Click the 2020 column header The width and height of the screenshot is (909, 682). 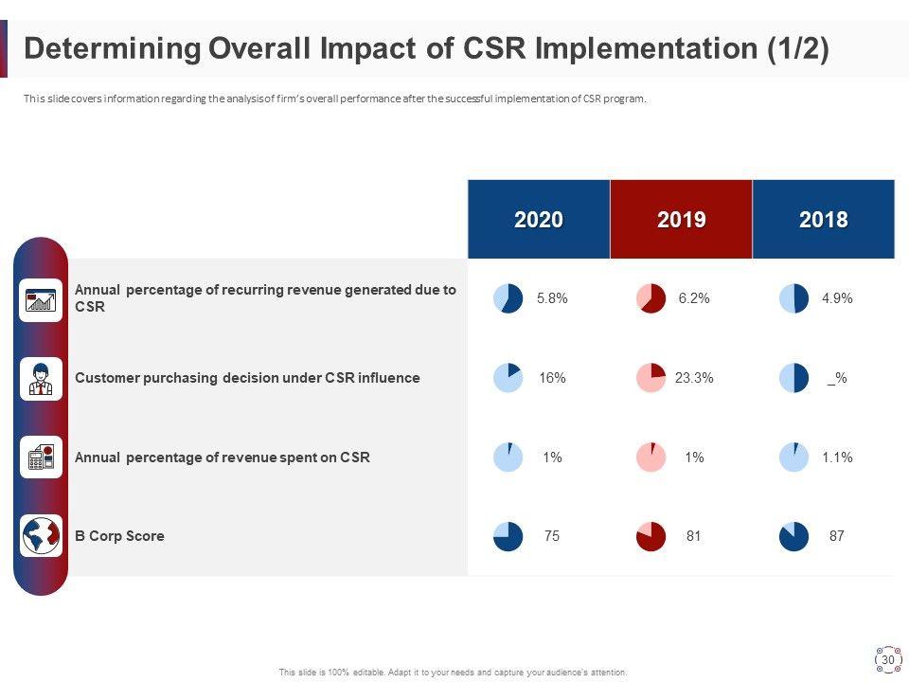pos(539,220)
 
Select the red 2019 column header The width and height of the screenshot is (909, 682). pos(681,220)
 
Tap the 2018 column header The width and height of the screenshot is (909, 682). pos(823,220)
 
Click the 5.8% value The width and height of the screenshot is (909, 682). pos(552,298)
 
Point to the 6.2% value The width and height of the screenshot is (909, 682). pos(694,298)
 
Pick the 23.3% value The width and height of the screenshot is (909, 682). pos(694,378)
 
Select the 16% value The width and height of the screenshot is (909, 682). pos(552,378)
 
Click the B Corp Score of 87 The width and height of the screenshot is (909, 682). pos(836,536)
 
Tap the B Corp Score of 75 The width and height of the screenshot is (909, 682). pos(552,536)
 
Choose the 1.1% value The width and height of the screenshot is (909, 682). pos(837,458)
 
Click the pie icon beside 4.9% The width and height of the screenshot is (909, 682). pos(793,299)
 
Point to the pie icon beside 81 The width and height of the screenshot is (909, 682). pos(651,536)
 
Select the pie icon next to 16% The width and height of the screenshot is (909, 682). pos(508,378)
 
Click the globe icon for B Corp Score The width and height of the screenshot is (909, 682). pos(41,536)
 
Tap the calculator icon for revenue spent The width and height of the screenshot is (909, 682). pos(41,458)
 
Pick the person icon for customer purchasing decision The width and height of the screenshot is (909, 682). pos(41,378)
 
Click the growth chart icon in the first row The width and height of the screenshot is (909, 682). pos(41,300)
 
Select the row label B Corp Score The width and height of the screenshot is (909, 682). pos(119,536)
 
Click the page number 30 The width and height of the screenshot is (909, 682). pos(888,660)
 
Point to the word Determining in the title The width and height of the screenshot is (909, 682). pos(112,49)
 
